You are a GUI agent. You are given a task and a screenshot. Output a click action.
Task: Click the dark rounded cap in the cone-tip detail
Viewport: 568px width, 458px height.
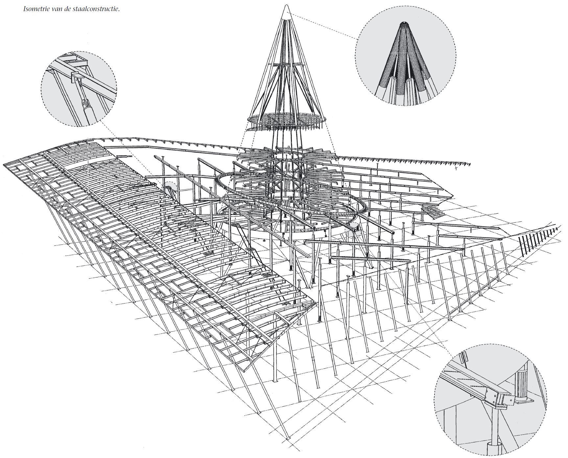tap(405, 23)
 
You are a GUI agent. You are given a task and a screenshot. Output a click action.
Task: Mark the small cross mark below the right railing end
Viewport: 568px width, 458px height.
tap(457, 169)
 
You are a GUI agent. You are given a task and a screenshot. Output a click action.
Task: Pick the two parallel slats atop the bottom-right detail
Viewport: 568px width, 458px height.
tap(463, 358)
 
